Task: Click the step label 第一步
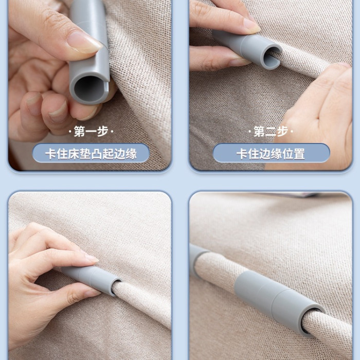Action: tap(91, 131)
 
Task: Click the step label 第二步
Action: tap(271, 131)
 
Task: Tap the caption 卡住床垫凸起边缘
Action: tap(91, 154)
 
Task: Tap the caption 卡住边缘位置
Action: tap(271, 154)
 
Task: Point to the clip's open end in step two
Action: tap(273, 58)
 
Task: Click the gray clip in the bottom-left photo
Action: tap(92, 280)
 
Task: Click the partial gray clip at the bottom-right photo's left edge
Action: tap(197, 259)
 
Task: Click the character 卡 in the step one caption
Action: tap(51, 154)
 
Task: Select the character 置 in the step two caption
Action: tap(299, 154)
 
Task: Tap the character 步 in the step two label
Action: tap(282, 131)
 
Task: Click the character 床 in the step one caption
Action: tap(74, 154)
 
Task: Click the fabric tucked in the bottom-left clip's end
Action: tap(119, 289)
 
